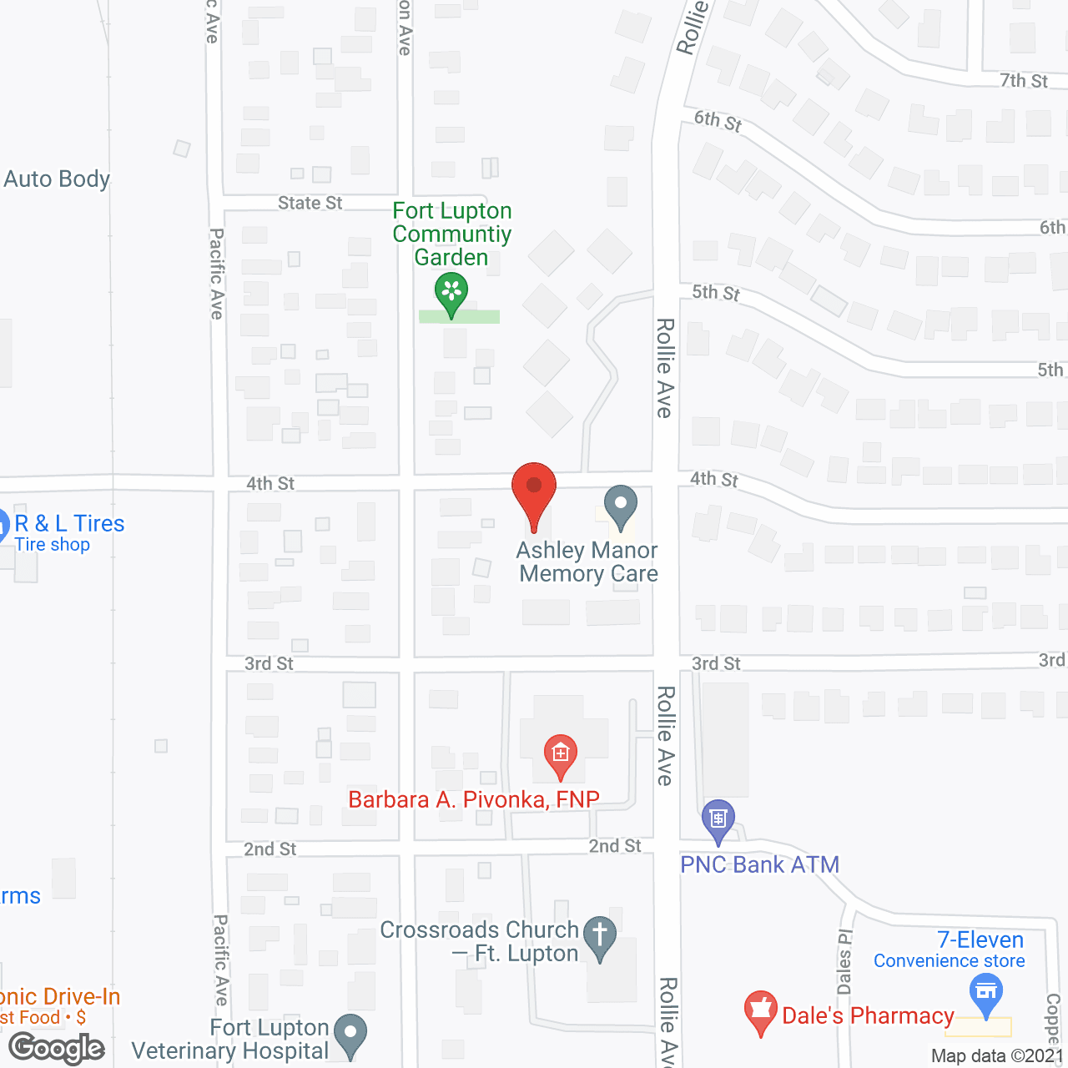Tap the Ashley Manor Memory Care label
(x=588, y=562)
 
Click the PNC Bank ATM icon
(x=718, y=820)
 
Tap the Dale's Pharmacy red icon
(x=760, y=1012)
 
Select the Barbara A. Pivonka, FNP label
(x=474, y=799)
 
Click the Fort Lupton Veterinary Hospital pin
(x=350, y=1034)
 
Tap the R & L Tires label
(x=69, y=524)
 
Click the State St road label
(x=310, y=203)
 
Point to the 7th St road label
(x=1024, y=81)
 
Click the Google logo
(x=57, y=1048)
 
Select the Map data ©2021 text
(x=997, y=1055)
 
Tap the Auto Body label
(x=57, y=179)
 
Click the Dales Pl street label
(x=844, y=960)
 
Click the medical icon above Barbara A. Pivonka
(x=560, y=754)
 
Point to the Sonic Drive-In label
(x=60, y=996)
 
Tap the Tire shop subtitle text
(x=52, y=545)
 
